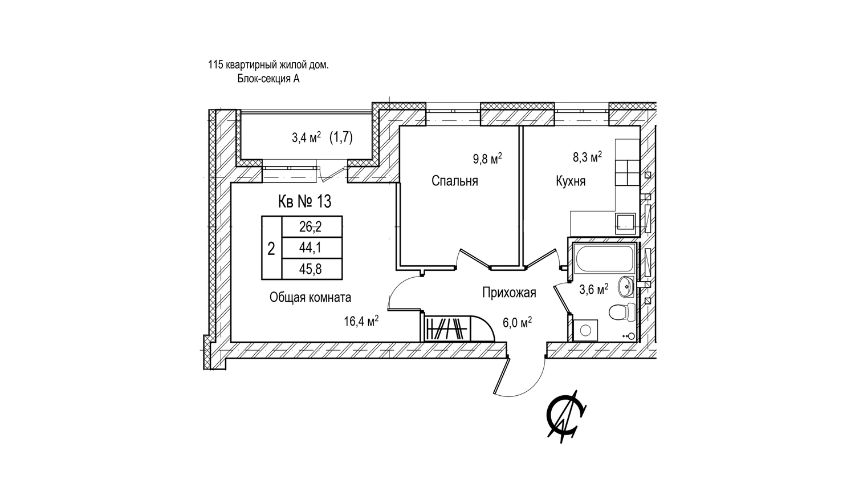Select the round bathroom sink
click(x=626, y=286)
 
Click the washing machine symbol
click(x=585, y=330)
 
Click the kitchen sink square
click(x=625, y=223)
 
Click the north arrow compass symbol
click(x=566, y=417)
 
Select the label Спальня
click(x=455, y=181)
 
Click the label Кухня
click(x=571, y=181)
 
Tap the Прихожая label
click(x=509, y=293)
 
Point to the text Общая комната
click(x=310, y=298)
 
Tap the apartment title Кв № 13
click(x=304, y=201)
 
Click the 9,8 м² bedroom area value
click(x=487, y=159)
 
